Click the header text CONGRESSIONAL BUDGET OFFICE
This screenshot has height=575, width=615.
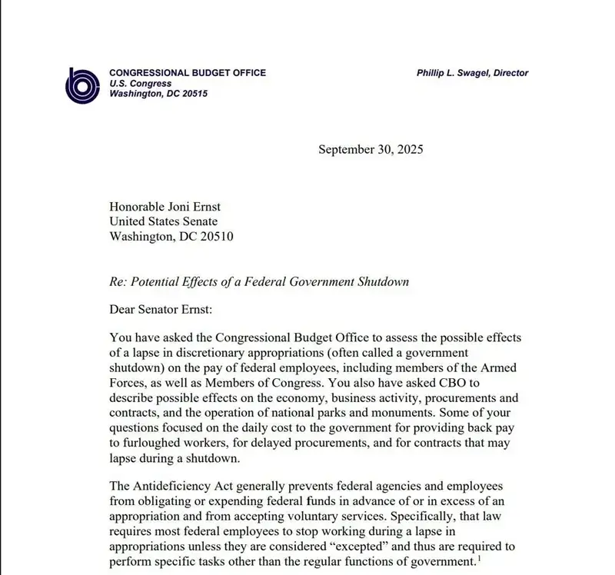pyautogui.click(x=188, y=73)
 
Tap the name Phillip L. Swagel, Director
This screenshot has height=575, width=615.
pyautogui.click(x=472, y=73)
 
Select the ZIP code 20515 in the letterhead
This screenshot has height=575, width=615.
pyautogui.click(x=192, y=94)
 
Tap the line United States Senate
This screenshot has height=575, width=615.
pyautogui.click(x=164, y=221)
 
